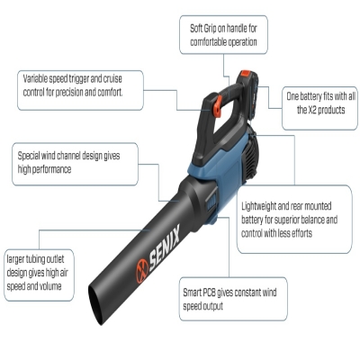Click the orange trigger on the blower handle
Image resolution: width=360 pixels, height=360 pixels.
coord(217,106)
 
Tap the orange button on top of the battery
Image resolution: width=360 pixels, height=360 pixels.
coord(246,74)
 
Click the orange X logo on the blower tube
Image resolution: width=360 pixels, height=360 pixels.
coord(142,271)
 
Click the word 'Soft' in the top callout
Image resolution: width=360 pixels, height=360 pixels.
coord(196,29)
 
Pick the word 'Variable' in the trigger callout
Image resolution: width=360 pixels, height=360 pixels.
coord(35,79)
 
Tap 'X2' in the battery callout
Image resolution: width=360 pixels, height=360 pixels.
coord(311,110)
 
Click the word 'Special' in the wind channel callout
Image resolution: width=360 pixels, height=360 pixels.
coord(29,157)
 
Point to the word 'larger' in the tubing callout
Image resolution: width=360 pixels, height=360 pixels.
coord(15,260)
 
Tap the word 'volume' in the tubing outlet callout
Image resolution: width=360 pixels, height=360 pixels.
coord(50,286)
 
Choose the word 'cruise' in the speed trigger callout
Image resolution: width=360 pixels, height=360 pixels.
coord(112,79)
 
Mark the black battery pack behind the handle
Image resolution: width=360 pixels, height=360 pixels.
coord(248,97)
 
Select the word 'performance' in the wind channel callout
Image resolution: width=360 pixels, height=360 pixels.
coord(51,170)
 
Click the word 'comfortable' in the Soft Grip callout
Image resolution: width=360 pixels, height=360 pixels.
coord(207,42)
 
